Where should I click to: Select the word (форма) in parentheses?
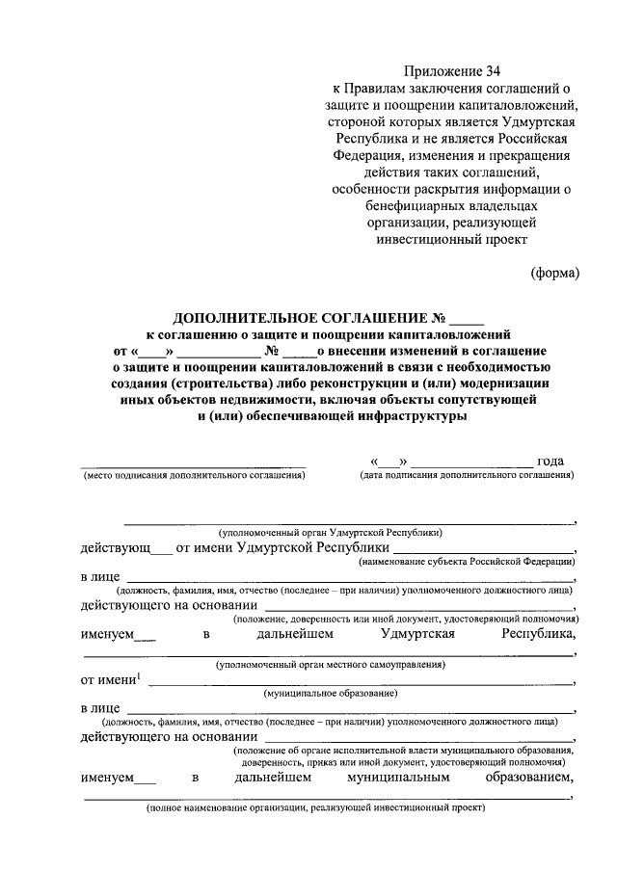(x=555, y=273)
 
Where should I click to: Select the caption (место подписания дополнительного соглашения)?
(x=194, y=475)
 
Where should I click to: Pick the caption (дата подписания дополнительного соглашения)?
(x=467, y=475)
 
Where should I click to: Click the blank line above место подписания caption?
(x=193, y=464)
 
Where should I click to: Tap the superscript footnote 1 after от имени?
(x=138, y=674)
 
